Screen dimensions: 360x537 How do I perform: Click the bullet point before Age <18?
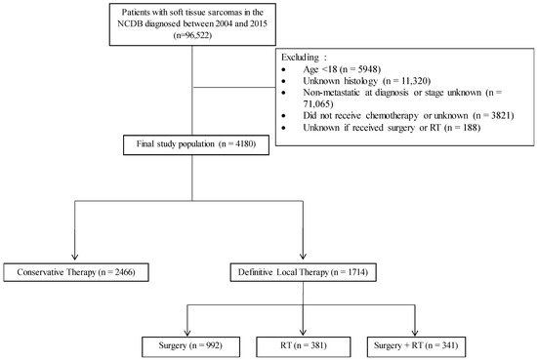click(x=284, y=70)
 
